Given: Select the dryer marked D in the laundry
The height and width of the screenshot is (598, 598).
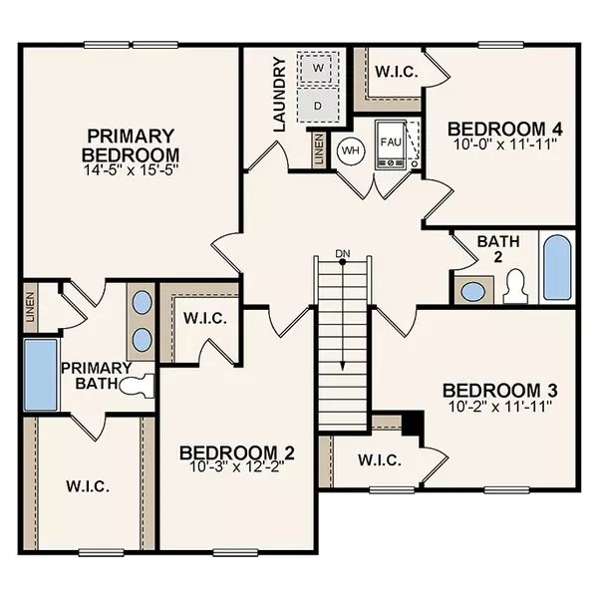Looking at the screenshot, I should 319,104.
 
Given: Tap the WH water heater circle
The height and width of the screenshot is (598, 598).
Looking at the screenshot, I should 350,150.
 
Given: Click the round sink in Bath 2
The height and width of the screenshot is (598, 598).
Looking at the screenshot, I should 473,291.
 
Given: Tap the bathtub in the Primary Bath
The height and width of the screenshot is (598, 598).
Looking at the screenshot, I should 41,375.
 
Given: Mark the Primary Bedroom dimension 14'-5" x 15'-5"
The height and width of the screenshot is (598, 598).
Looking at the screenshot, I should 131,170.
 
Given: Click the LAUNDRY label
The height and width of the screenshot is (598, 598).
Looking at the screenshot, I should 280,95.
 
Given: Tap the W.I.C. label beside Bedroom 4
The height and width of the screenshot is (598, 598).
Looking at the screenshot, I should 397,72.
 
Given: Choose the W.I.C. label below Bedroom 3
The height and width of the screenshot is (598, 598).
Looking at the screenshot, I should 379,460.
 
